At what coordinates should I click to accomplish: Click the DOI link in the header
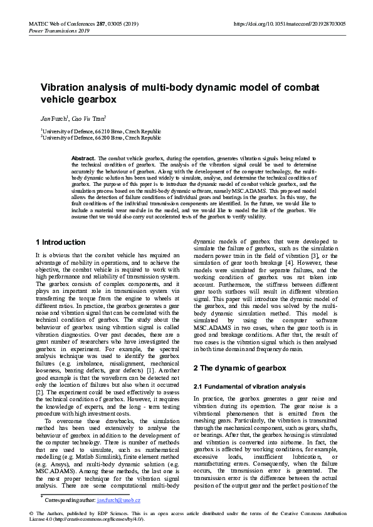tap(289, 24)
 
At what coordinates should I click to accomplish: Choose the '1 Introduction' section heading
tap(60, 242)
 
